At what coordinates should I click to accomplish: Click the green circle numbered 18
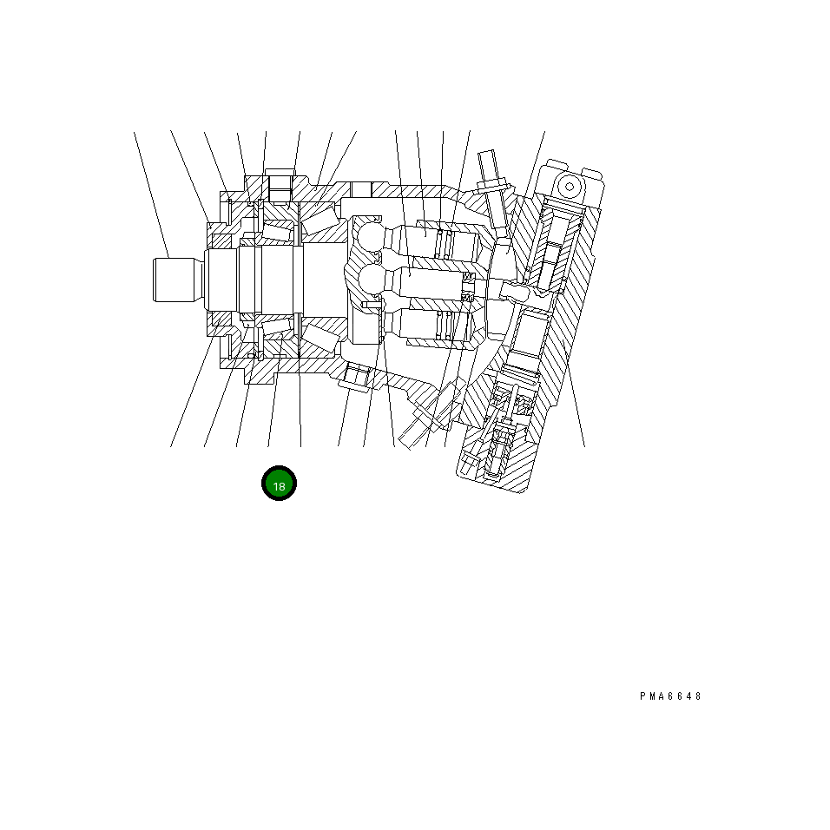[280, 485]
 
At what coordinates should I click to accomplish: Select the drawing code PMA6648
[670, 696]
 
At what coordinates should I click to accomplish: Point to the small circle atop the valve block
[569, 186]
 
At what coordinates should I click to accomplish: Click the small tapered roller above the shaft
[278, 228]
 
